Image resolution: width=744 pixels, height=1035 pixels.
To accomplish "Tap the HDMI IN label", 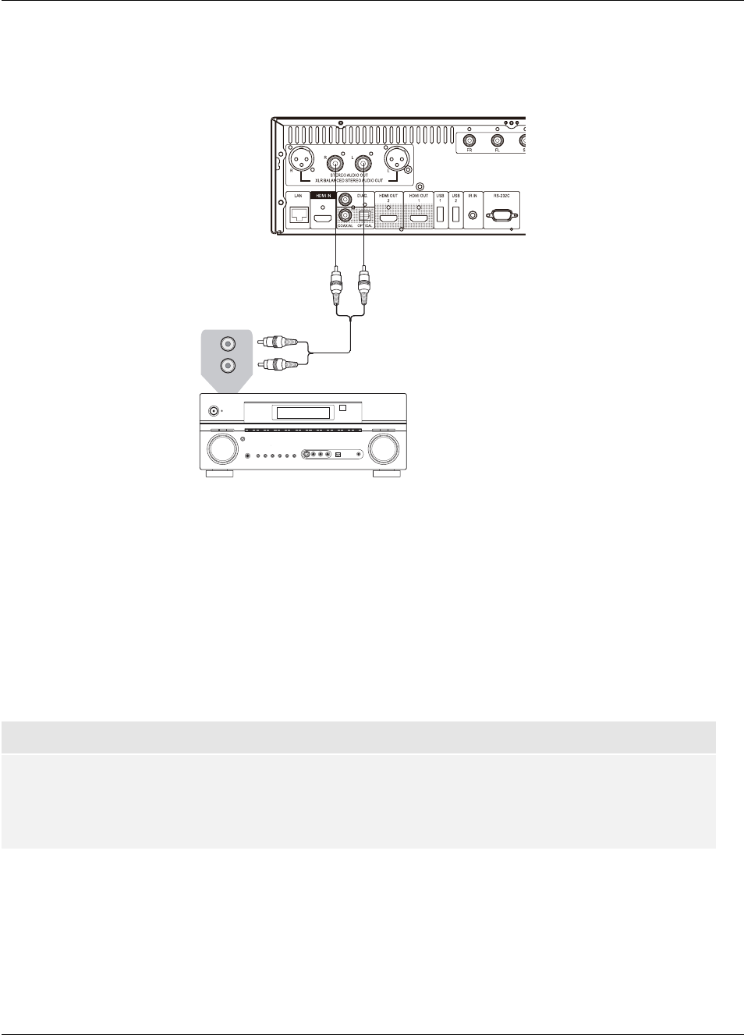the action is [323, 196].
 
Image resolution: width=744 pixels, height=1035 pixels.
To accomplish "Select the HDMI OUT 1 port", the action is [419, 218].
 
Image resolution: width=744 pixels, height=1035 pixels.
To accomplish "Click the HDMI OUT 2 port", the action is [388, 218].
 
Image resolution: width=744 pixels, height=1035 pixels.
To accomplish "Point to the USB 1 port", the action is [441, 214].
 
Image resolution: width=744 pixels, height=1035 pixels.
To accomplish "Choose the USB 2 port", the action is [456, 214].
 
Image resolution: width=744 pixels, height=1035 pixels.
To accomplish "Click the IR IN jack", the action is [473, 215].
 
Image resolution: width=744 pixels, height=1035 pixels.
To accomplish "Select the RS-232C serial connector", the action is [501, 216].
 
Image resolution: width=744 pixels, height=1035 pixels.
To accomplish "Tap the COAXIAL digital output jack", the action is [345, 216].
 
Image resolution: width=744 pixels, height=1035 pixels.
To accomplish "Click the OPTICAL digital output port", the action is [365, 216].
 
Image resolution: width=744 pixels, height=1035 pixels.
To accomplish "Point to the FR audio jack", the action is [469, 141].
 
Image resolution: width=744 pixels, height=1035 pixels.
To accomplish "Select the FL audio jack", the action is [498, 141].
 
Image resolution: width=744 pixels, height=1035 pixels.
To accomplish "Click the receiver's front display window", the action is [303, 413].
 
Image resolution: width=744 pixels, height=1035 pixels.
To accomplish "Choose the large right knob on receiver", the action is [384, 449].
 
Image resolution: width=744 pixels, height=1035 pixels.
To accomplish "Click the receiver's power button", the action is [214, 410].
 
